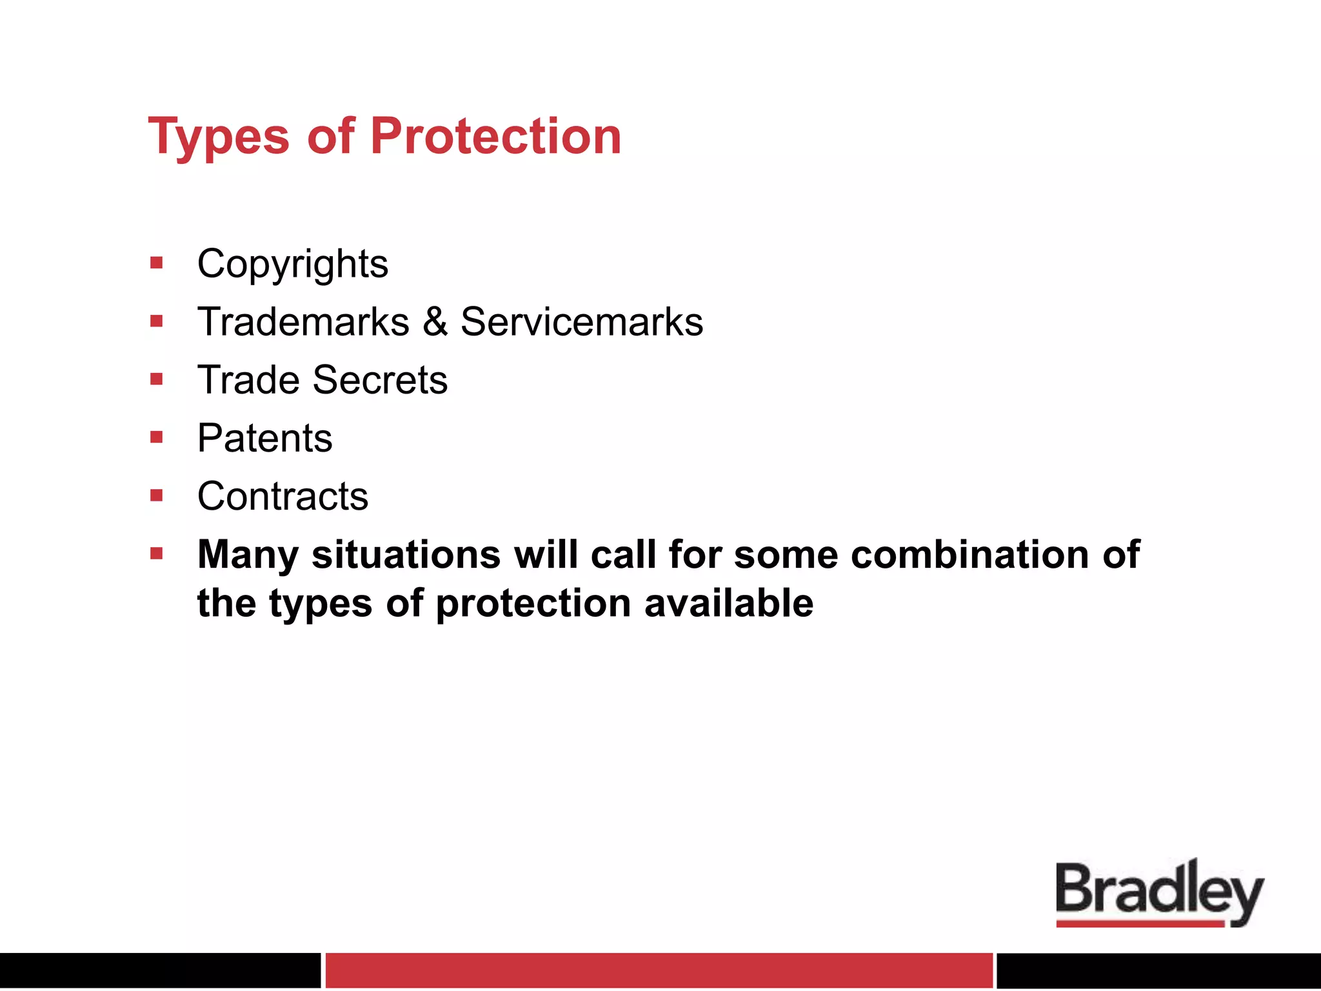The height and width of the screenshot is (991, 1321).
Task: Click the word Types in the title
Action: point(219,137)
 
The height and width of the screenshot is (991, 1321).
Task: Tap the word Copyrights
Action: point(292,265)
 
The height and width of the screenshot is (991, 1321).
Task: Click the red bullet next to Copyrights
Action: point(157,263)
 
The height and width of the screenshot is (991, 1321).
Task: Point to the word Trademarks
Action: point(303,322)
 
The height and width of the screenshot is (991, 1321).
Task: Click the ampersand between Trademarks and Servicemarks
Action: point(435,322)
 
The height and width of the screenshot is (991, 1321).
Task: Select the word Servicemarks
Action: point(581,322)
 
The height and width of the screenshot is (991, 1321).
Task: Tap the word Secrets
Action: point(380,380)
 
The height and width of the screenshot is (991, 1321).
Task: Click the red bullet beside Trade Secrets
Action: point(157,379)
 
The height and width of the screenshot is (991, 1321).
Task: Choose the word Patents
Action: point(264,439)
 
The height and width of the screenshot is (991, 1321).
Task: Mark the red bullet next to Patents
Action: point(157,437)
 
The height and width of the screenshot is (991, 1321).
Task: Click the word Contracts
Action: point(283,497)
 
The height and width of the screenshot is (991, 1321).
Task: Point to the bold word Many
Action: point(248,555)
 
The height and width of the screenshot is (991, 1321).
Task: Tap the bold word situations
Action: point(406,555)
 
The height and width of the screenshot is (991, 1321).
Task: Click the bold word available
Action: point(729,604)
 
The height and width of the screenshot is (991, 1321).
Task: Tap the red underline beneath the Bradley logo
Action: point(1140,924)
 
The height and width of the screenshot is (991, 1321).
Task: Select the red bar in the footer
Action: point(659,970)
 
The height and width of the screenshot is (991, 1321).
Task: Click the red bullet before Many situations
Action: point(157,554)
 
